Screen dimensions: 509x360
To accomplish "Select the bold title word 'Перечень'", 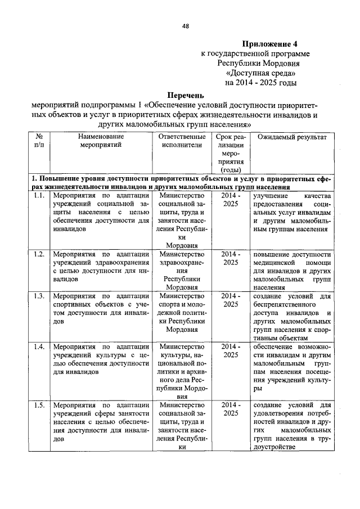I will [x=185, y=96].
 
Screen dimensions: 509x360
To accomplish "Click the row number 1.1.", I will [x=39, y=195].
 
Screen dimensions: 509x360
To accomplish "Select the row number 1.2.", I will [x=39, y=254].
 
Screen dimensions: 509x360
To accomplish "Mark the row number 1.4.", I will [x=39, y=346].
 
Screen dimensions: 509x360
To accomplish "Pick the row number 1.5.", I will [x=39, y=405].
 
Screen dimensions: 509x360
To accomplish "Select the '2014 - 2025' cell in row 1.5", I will [x=230, y=409].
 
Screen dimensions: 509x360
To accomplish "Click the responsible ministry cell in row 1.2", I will [x=182, y=270].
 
